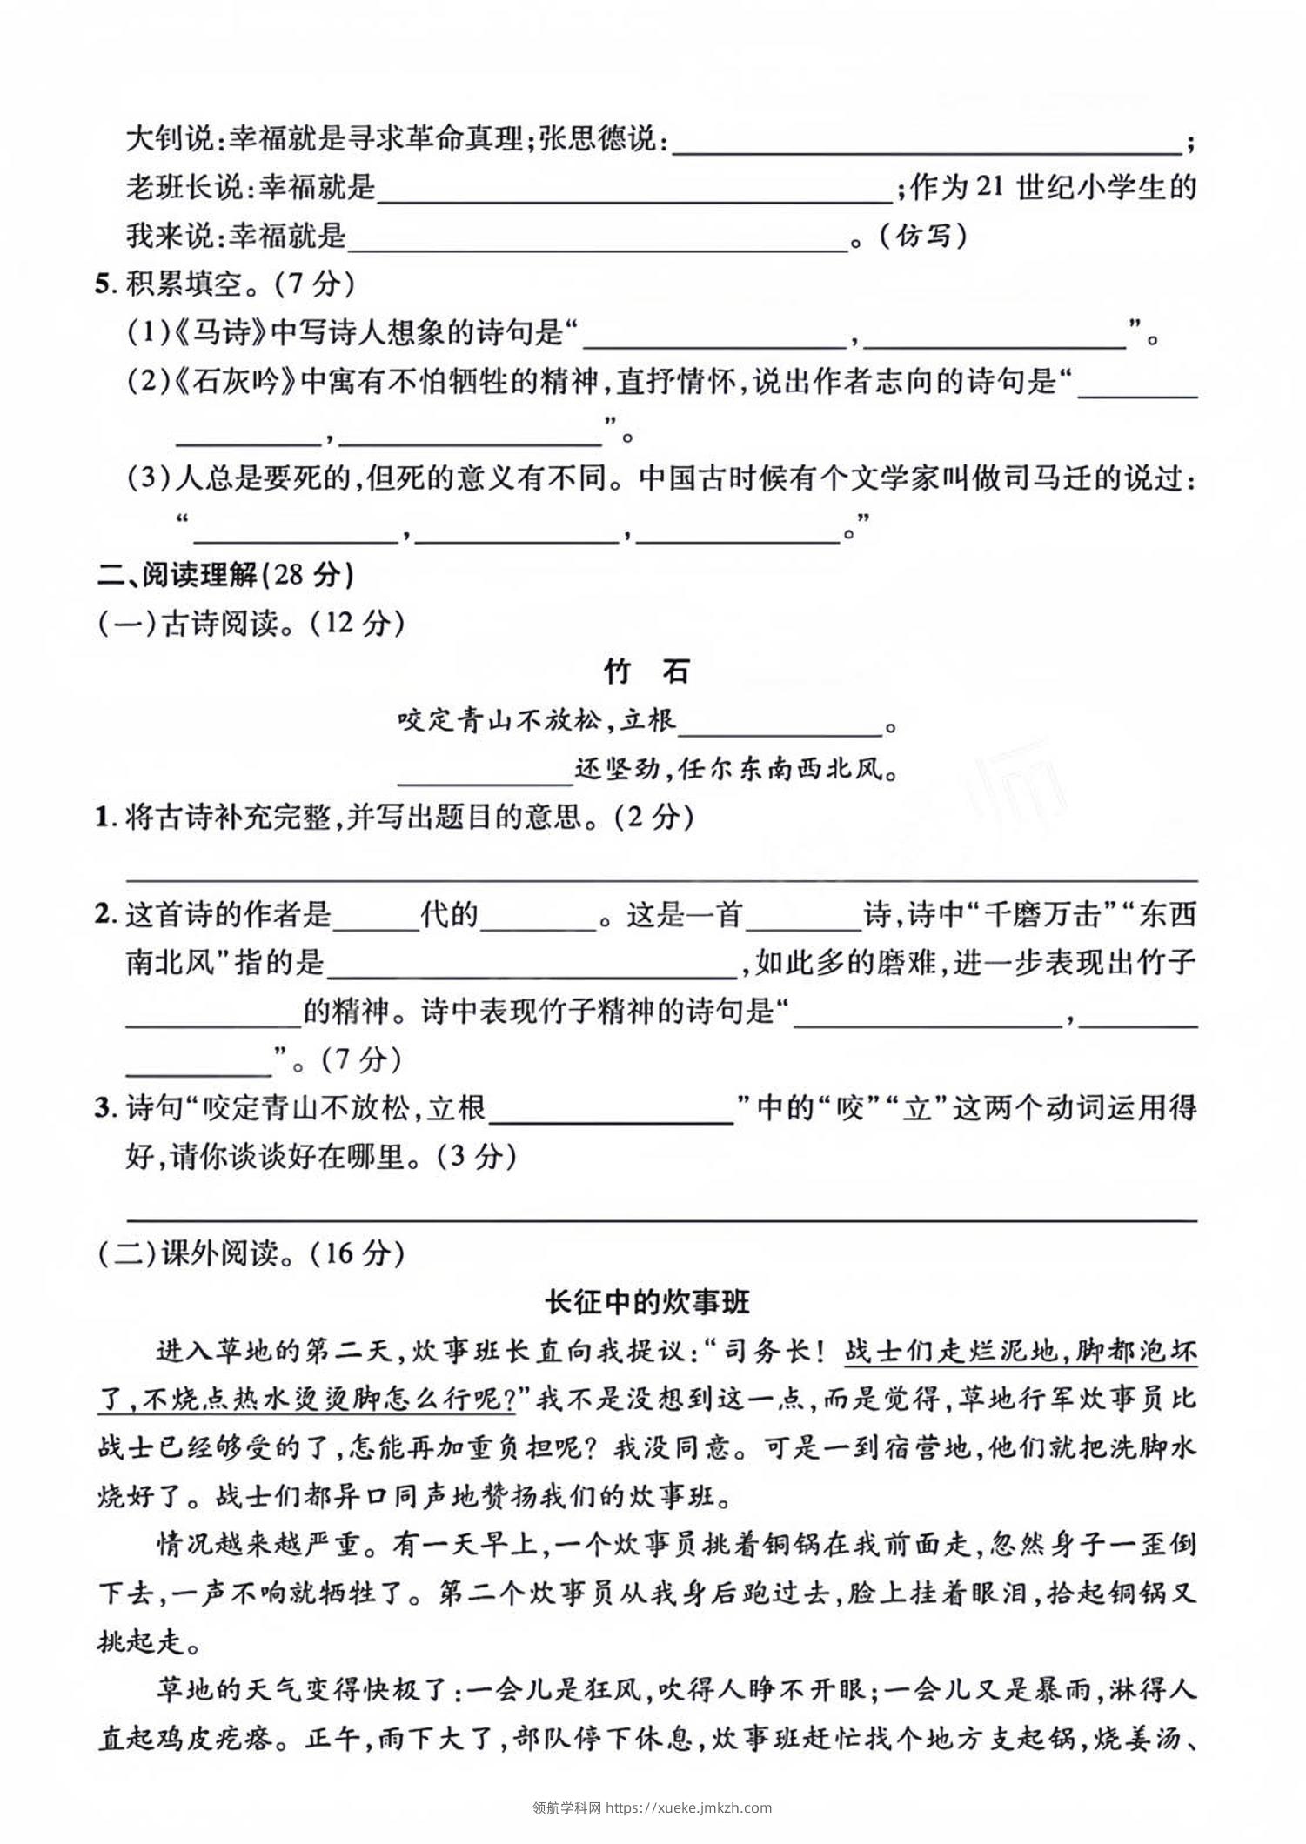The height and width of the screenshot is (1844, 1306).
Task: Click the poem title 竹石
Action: pyautogui.click(x=646, y=671)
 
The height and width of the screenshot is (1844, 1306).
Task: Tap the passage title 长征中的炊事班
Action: pyautogui.click(x=646, y=1302)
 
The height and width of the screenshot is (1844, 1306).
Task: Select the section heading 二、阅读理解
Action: pyautogui.click(x=178, y=574)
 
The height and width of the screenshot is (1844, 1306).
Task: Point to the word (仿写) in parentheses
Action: pyautogui.click(x=920, y=236)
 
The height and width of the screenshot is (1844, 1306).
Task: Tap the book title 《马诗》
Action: pyautogui.click(x=224, y=332)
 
